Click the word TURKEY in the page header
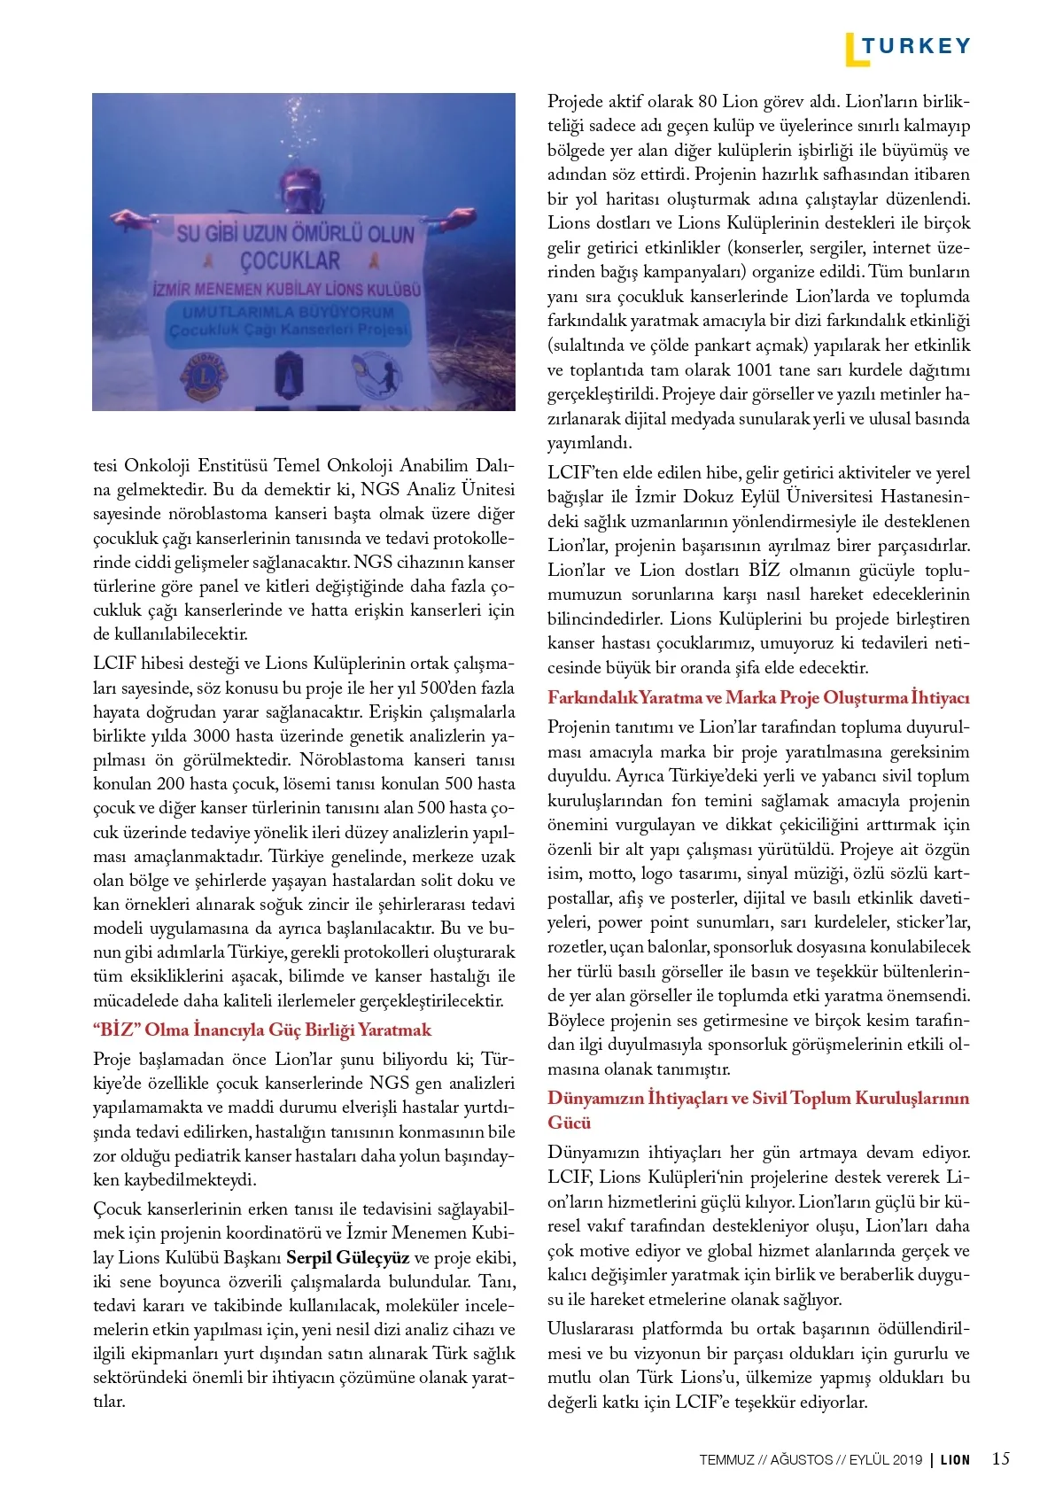916,46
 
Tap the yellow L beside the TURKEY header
851,50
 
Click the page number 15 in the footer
1000,1458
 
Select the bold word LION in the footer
955,1459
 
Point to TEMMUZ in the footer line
726,1459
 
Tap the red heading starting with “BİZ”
262,1030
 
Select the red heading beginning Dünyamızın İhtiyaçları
758,1099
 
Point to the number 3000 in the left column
212,735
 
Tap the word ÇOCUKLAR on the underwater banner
291,260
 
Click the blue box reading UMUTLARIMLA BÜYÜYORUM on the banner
289,321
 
